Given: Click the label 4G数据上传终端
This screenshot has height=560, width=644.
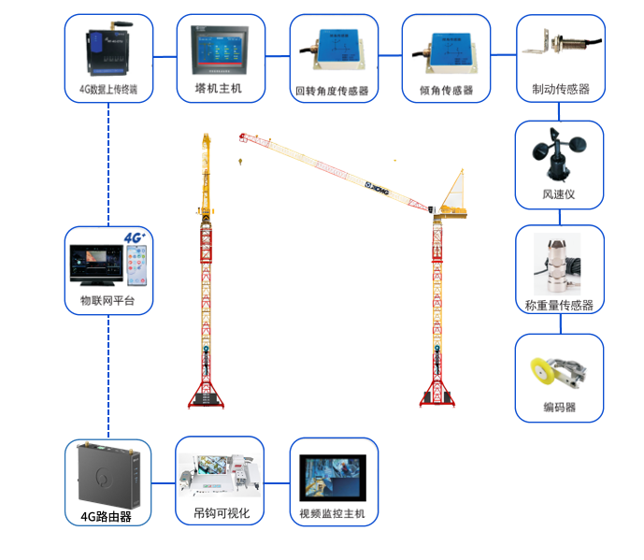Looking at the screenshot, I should click(108, 91).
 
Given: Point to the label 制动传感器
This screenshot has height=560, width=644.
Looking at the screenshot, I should click(560, 89).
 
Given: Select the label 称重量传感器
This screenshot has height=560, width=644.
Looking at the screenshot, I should click(559, 305).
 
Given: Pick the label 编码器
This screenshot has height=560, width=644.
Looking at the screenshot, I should click(559, 408).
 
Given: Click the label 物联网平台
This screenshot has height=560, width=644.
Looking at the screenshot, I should click(107, 301).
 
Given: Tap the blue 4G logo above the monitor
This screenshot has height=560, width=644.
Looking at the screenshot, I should click(136, 237).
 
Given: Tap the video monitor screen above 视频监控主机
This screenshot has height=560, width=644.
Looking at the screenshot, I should click(333, 476).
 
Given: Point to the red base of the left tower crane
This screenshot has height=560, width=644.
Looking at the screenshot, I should click(205, 397).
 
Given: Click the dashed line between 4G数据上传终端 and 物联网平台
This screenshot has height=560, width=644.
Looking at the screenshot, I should click(108, 159).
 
